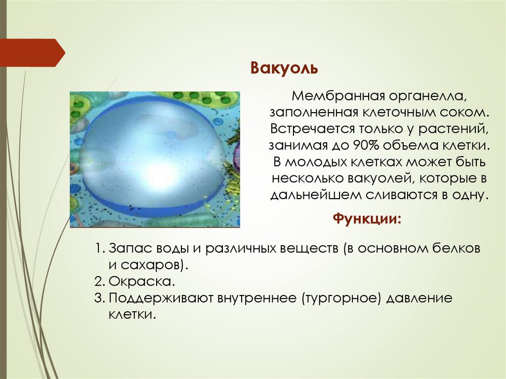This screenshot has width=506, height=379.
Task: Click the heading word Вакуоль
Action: click(284, 68)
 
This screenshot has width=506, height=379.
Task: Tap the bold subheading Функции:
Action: click(367, 218)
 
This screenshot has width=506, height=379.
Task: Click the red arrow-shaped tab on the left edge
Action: click(33, 52)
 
